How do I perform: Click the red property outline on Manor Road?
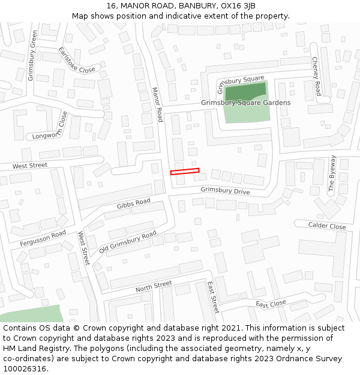(185, 172)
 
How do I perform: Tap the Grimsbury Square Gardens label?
(245, 103)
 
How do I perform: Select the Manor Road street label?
(157, 104)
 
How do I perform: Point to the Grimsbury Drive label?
(225, 191)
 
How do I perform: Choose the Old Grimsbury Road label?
(128, 241)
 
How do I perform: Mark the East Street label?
(212, 297)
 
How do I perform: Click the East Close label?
(271, 304)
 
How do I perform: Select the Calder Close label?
(327, 226)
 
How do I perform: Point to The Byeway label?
(332, 173)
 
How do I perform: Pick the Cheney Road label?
(316, 76)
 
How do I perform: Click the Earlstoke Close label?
(77, 60)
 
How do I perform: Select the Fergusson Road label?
(43, 238)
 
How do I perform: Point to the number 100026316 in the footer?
(24, 369)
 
